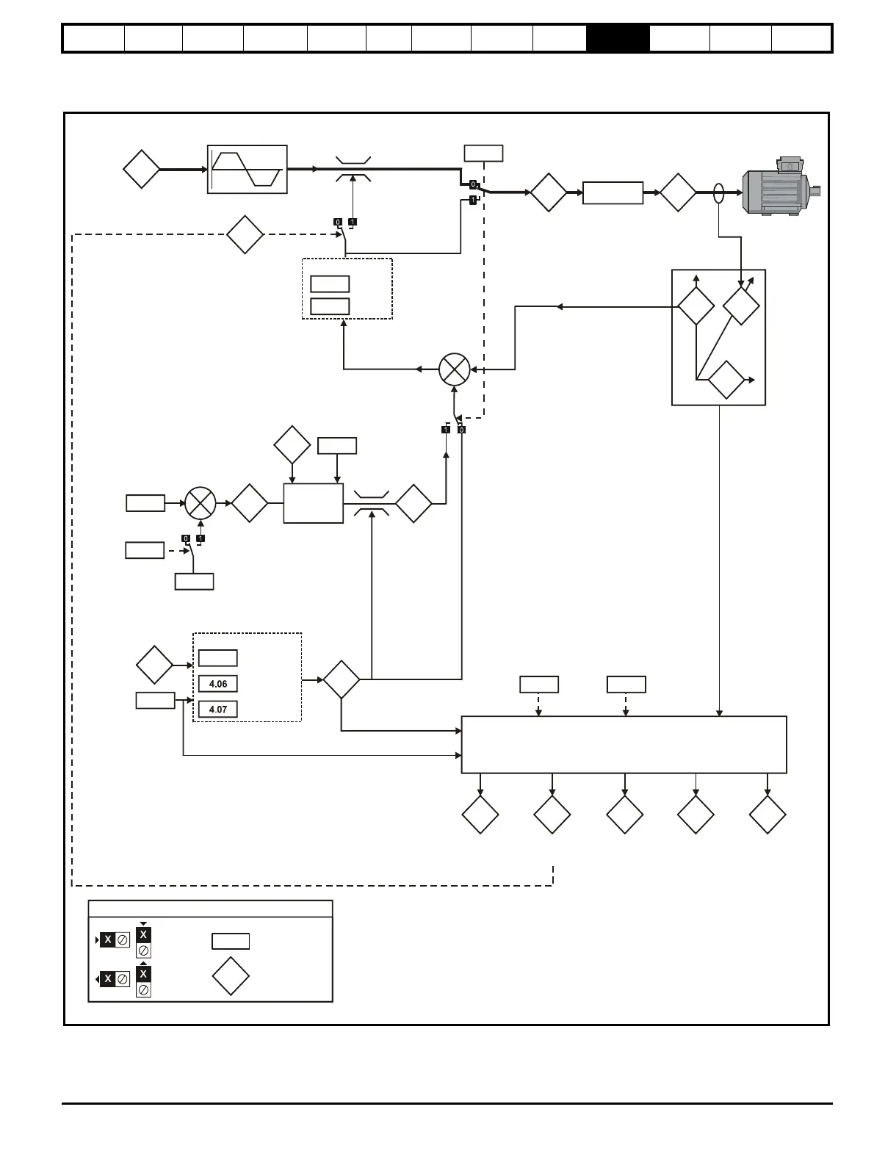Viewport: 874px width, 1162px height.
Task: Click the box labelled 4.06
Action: pyautogui.click(x=217, y=684)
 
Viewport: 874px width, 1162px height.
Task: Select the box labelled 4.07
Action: pyautogui.click(x=217, y=710)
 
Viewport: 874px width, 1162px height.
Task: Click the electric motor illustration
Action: pyautogui.click(x=778, y=190)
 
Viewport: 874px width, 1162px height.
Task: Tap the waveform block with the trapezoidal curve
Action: pyautogui.click(x=247, y=169)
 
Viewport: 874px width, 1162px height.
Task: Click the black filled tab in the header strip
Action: pyautogui.click(x=618, y=38)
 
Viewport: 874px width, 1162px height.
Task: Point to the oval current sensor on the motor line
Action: pyautogui.click(x=719, y=193)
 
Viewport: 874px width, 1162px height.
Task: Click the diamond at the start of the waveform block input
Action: pyautogui.click(x=141, y=169)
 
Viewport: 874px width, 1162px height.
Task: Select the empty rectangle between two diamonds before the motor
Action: pyautogui.click(x=613, y=193)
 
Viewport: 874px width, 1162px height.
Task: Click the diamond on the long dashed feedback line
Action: pyautogui.click(x=245, y=234)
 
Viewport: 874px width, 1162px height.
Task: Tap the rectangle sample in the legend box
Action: pyautogui.click(x=231, y=941)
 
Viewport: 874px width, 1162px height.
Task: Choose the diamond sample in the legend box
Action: pyautogui.click(x=231, y=976)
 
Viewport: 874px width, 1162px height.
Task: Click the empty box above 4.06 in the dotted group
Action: pyautogui.click(x=217, y=657)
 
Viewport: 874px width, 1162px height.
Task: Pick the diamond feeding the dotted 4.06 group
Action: pyautogui.click(x=154, y=665)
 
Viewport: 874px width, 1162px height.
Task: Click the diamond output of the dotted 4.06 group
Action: pyautogui.click(x=342, y=679)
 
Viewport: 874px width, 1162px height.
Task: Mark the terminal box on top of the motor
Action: pyautogui.click(x=790, y=165)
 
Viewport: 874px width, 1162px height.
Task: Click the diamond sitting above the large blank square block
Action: pyautogui.click(x=292, y=444)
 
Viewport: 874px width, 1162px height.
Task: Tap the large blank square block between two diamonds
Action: pyautogui.click(x=313, y=503)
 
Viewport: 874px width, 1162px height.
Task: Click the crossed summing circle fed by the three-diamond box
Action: pyautogui.click(x=454, y=369)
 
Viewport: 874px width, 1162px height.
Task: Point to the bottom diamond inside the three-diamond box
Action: pyautogui.click(x=726, y=380)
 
